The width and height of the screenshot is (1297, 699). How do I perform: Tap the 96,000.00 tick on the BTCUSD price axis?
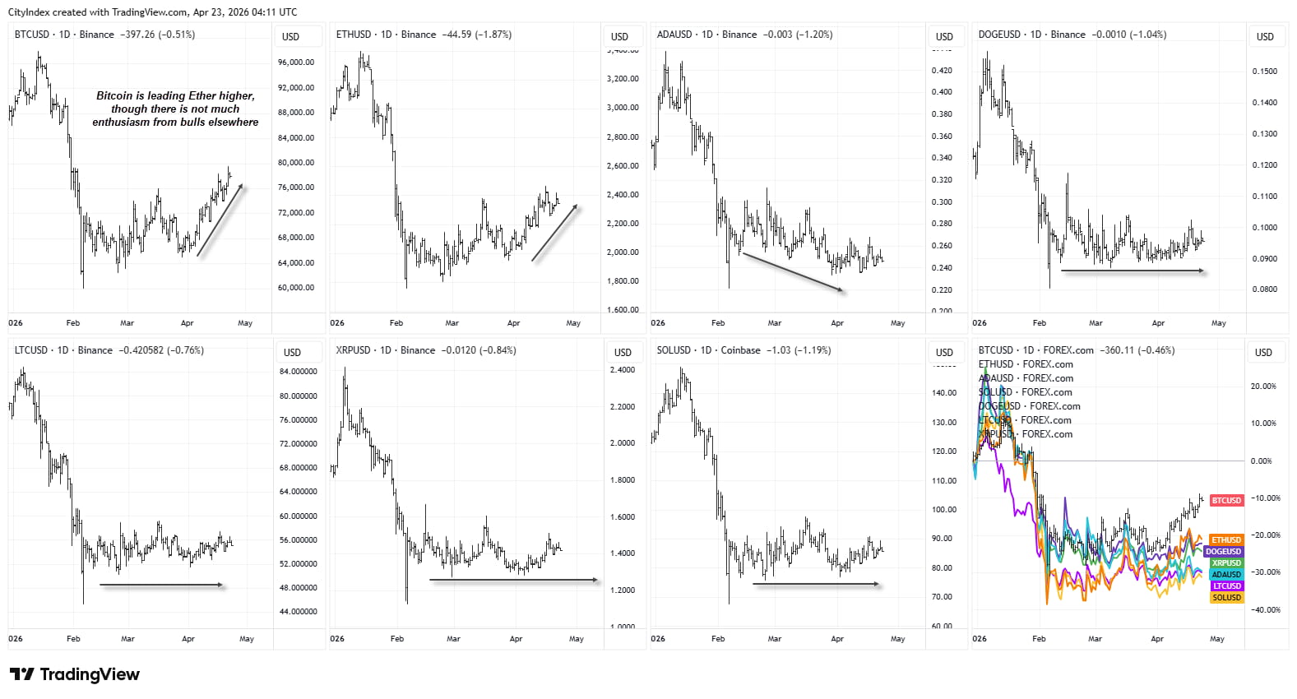pos(296,62)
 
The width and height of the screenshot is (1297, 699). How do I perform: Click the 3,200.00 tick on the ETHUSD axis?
pos(623,79)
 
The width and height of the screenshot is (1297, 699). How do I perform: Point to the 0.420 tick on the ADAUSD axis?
pos(942,71)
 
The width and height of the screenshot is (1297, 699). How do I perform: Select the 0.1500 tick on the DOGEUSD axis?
pos(1265,72)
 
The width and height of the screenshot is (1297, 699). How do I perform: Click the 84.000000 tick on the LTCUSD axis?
pos(299,372)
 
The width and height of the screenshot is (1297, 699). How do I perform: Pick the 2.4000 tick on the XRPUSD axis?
pos(623,370)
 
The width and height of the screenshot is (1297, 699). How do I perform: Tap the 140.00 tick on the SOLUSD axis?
pos(944,393)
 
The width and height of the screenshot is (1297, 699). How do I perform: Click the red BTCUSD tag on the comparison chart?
pos(1225,500)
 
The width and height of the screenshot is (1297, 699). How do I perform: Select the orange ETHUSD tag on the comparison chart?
pos(1225,540)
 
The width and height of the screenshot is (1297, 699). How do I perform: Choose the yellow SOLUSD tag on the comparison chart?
pos(1225,598)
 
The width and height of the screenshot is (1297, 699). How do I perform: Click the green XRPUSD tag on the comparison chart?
pos(1225,563)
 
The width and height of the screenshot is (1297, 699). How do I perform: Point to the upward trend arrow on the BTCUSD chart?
pos(220,220)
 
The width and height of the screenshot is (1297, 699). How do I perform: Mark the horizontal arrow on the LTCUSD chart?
pos(161,585)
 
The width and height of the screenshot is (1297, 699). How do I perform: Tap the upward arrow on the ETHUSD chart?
pos(554,233)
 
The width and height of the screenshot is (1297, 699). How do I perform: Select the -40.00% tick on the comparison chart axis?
pos(1265,610)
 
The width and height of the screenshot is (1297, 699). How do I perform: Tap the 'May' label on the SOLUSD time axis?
pos(898,639)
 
